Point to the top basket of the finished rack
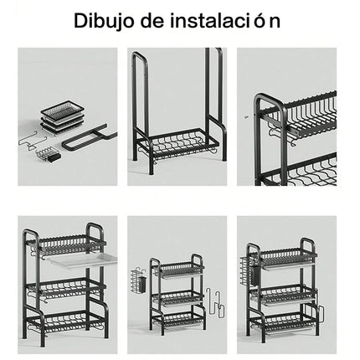285,253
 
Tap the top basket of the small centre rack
177,269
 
